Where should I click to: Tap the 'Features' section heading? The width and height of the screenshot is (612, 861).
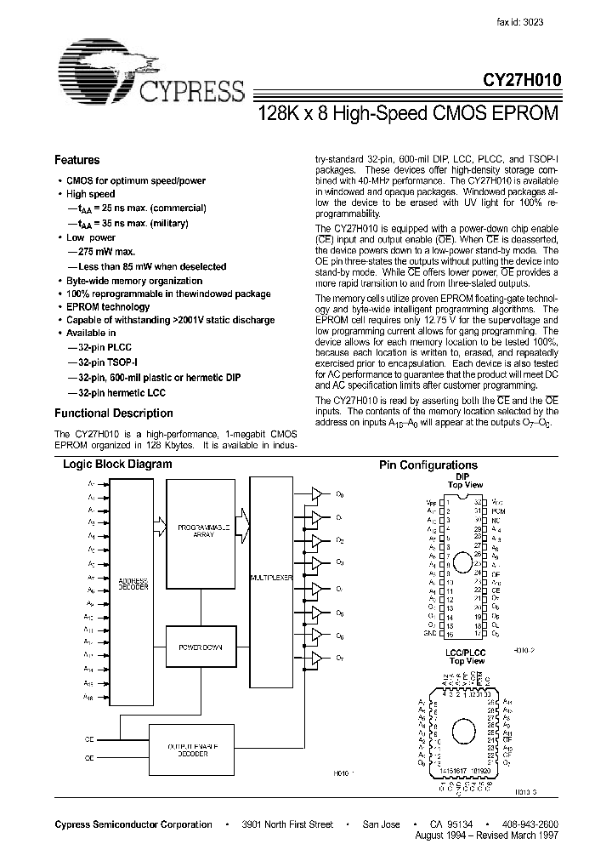[76, 160]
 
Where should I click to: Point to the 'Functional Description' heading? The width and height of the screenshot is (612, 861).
[113, 413]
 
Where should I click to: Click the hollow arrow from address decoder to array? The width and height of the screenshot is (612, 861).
[161, 522]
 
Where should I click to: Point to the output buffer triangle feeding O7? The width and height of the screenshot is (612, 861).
[316, 659]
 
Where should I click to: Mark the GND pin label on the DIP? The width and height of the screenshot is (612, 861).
[429, 634]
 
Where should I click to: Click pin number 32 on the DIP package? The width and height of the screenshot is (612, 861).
[479, 503]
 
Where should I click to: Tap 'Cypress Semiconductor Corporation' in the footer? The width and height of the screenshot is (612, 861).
[133, 824]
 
